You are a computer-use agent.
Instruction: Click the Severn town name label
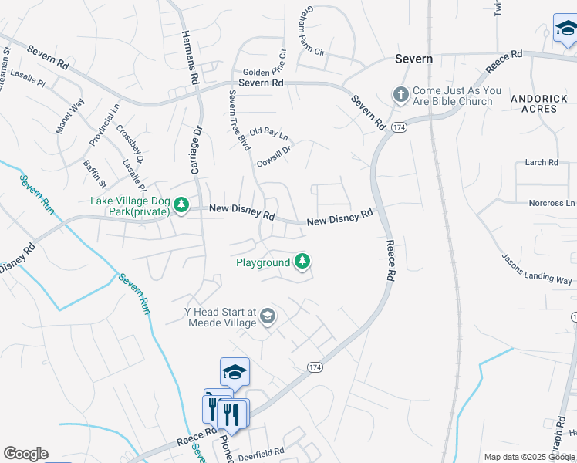pos(413,59)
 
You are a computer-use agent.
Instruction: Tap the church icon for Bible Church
pos(400,94)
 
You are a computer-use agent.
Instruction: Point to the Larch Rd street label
pos(541,162)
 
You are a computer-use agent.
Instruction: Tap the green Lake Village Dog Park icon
pos(181,205)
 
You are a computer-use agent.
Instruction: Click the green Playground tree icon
pos(303,262)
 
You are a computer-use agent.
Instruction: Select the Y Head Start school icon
pos(267,316)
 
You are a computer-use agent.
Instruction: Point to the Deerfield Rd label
pos(260,451)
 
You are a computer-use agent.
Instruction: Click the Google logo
pos(25,454)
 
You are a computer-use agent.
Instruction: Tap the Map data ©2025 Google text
pos(530,457)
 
